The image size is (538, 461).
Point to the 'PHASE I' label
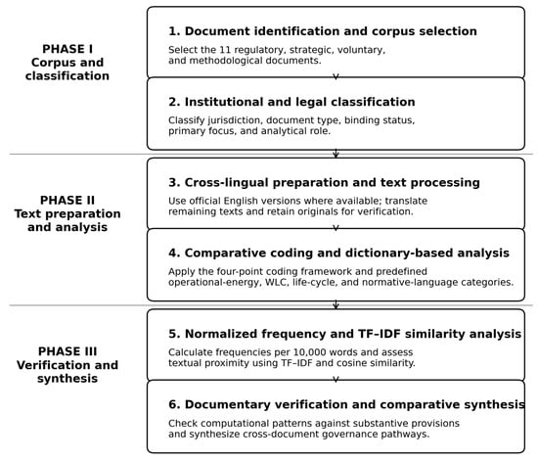point(67,49)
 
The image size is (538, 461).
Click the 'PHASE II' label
point(67,200)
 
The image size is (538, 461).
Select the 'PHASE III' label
point(67,351)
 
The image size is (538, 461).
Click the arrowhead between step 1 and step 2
point(336,76)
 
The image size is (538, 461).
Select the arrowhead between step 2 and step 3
point(336,155)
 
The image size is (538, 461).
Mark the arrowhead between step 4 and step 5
point(336,305)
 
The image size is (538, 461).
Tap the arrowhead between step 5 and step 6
point(336,379)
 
